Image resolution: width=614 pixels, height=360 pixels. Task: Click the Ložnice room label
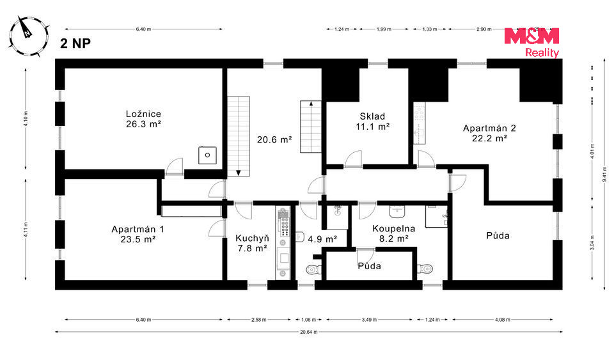tap(143, 114)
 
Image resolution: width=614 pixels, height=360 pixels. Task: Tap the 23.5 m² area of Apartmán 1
tap(138, 239)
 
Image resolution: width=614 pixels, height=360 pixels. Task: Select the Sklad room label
tap(372, 116)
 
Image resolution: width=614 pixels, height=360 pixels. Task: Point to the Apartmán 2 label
tap(489, 128)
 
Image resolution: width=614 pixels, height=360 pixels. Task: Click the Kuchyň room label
tap(252, 239)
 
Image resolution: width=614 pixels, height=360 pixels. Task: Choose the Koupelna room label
tap(393, 228)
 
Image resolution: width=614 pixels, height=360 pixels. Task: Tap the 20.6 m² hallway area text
tap(274, 139)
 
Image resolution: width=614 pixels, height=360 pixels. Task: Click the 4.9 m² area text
tap(322, 239)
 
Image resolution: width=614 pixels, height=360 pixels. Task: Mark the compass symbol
tap(29, 36)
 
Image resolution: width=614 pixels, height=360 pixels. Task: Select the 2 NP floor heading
tap(75, 43)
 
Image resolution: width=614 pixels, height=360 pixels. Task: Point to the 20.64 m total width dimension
tap(308, 332)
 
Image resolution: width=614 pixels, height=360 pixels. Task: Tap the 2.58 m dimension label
tap(258, 320)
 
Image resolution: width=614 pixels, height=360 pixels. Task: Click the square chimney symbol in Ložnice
tap(207, 155)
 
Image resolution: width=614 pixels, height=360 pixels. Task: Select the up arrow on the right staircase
tap(311, 104)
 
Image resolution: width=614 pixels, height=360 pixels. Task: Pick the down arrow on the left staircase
tap(239, 173)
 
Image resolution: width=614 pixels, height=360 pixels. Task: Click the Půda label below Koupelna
tap(369, 266)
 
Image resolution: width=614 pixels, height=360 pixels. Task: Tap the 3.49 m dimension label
tap(369, 320)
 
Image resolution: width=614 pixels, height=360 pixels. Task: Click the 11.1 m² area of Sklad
tap(372, 127)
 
